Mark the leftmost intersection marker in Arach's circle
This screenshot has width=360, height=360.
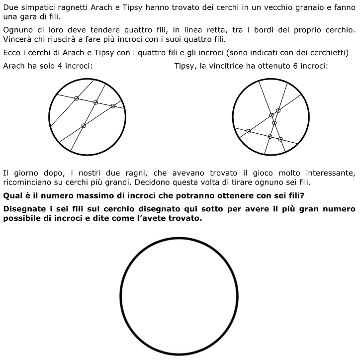tap(76, 98)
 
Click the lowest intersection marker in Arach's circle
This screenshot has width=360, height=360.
tap(84, 126)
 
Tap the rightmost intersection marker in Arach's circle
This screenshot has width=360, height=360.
tap(113, 106)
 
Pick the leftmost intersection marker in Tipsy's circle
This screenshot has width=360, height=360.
tap(249, 131)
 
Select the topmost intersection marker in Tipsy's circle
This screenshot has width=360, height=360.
tap(278, 110)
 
